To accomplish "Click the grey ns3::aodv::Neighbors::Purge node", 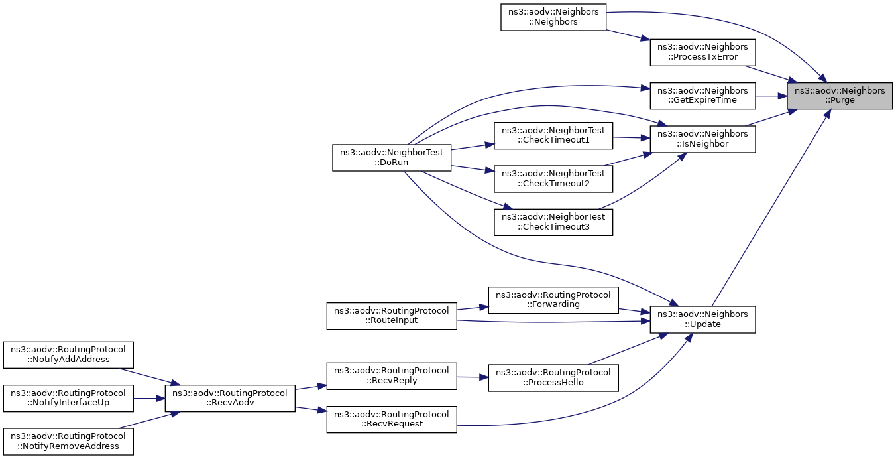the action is point(840,96).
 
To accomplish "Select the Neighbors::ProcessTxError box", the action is point(702,52).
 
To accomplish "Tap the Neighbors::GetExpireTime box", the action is point(702,96).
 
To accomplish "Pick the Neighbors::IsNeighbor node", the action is point(702,139).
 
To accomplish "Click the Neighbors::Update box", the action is point(702,319).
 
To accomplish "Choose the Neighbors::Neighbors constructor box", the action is point(553,17).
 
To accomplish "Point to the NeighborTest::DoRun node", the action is point(392,158).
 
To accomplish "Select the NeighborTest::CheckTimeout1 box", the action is point(553,136).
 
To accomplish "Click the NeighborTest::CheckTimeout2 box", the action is point(553,179).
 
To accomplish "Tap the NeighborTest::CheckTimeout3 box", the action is point(553,222).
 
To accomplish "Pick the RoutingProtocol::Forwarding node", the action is point(553,300).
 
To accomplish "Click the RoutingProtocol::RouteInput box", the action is point(392,316).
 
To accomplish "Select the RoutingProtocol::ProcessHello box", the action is point(553,378).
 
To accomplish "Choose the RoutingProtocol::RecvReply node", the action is point(392,376).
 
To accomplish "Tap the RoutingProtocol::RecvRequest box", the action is point(392,419).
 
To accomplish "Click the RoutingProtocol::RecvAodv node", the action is point(230,398).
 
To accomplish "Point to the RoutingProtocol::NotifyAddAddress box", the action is point(68,355).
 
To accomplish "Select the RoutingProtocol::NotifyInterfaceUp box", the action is point(68,398).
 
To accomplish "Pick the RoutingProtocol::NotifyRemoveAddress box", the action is point(68,441).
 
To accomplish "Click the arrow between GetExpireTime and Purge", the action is point(771,96).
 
